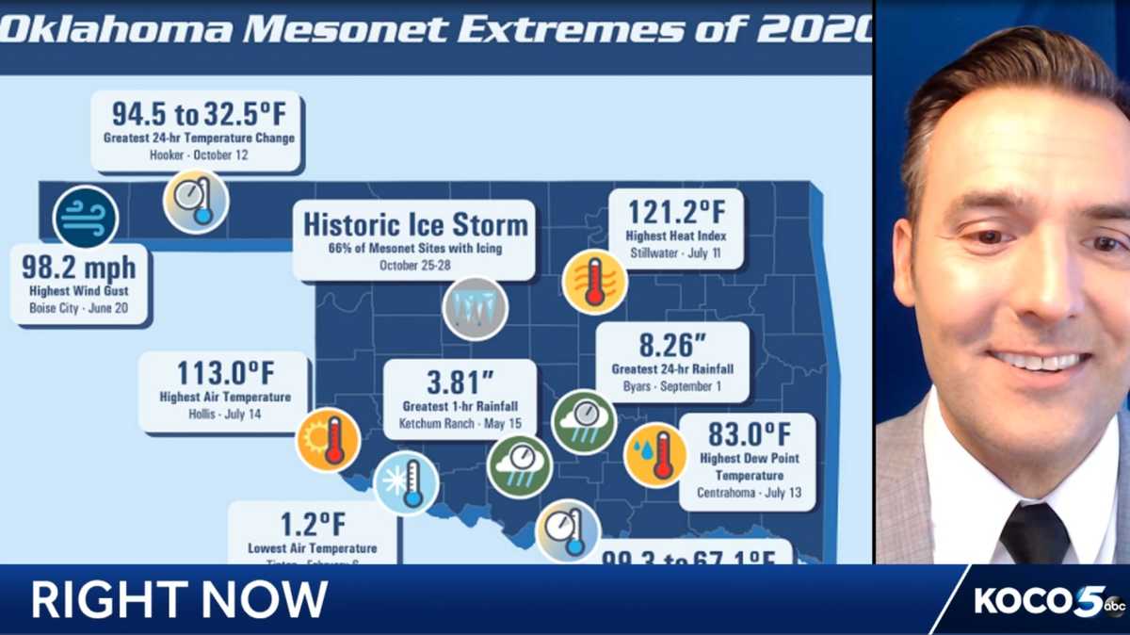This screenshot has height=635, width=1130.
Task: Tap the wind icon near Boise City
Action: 86,217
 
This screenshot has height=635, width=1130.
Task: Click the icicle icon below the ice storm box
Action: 476,308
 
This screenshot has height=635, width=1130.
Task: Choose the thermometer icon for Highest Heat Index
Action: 594,282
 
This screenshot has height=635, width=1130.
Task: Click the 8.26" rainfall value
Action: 671,345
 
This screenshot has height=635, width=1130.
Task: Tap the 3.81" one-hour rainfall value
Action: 460,383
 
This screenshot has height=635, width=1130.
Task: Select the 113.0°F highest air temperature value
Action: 224,373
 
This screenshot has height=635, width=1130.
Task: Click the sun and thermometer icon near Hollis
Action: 328,440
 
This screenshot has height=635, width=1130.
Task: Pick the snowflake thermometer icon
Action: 406,483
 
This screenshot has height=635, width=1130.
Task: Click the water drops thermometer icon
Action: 655,456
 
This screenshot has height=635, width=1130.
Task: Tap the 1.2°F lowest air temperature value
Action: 312,524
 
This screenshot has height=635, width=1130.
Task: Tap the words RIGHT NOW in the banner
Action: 180,599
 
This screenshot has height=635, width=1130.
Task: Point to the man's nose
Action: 1045,292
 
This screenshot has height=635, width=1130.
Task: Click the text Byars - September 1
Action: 672,386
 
